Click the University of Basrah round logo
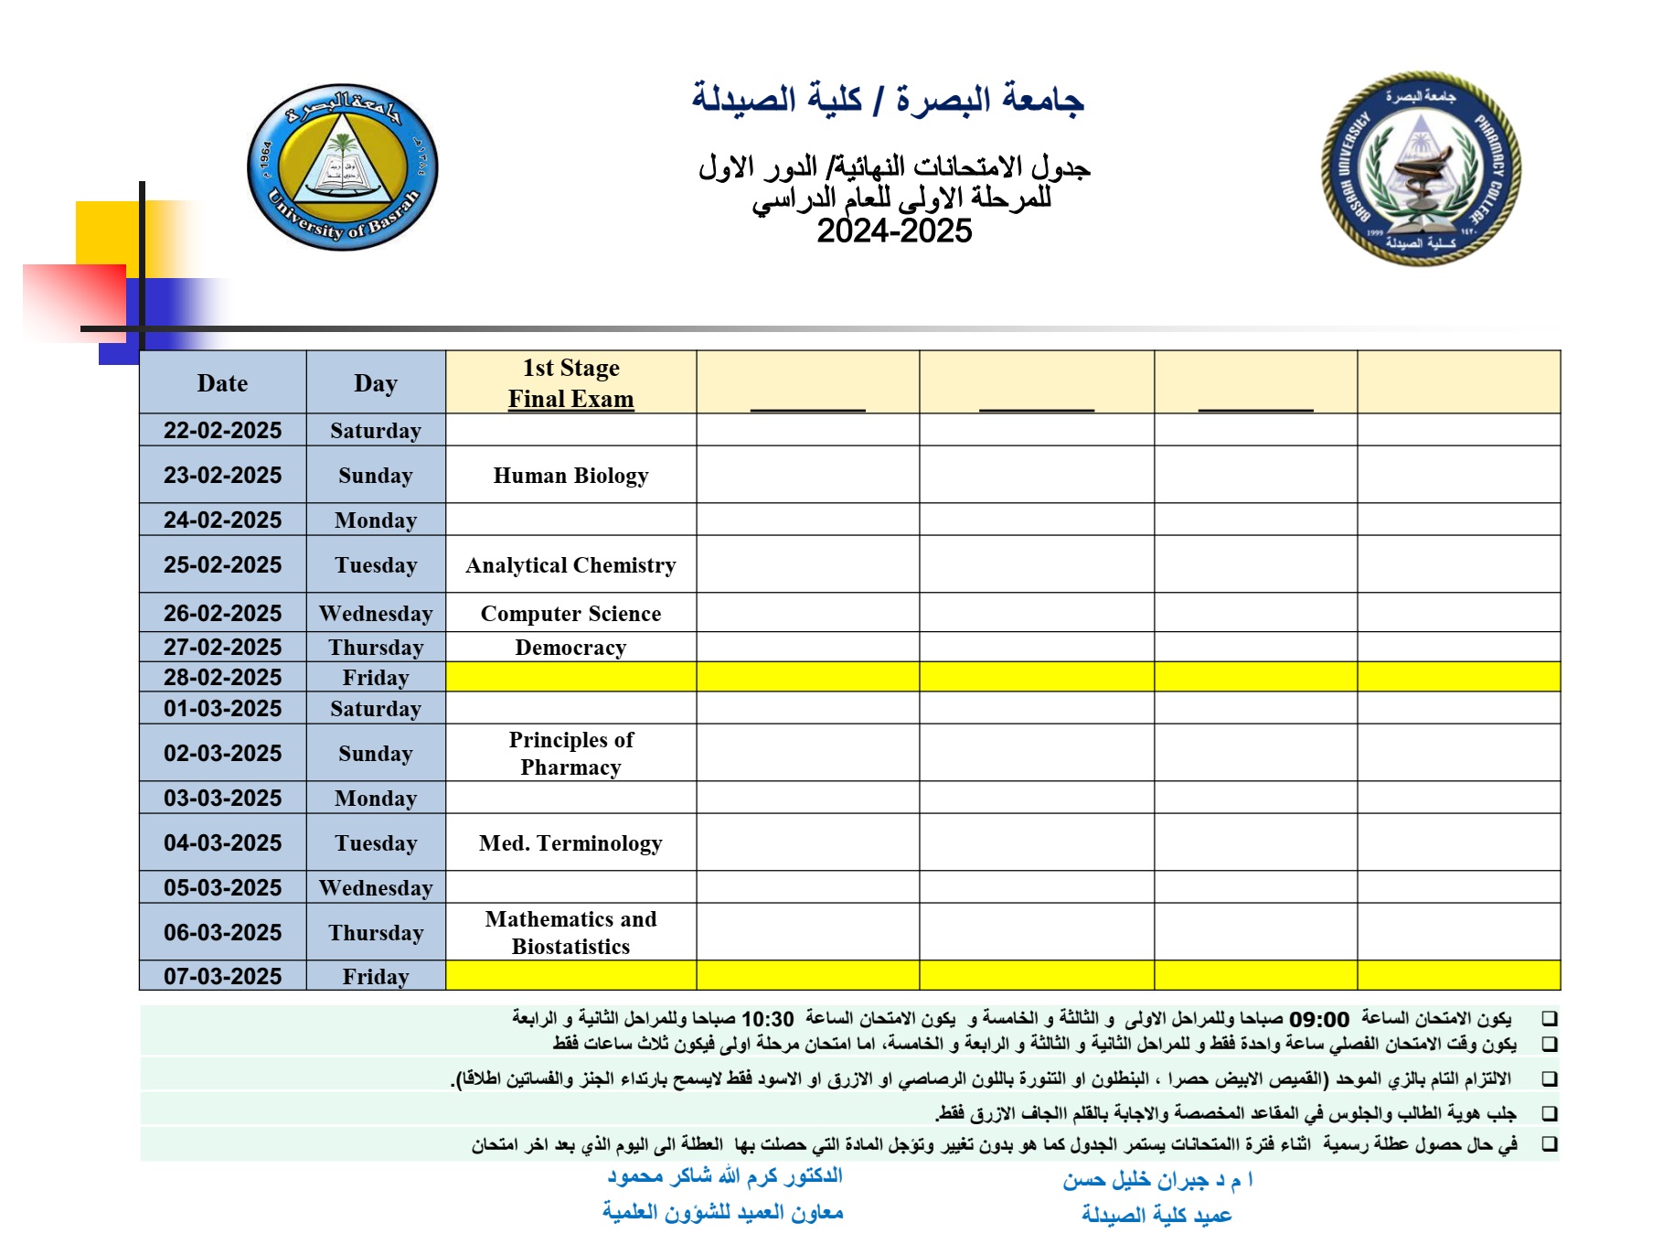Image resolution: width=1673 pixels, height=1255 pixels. (343, 167)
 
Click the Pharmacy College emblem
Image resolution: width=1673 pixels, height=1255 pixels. (1421, 169)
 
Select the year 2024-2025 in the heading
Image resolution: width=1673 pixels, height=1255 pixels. (893, 231)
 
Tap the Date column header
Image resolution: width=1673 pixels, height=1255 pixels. (222, 383)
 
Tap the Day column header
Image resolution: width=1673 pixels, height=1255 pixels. (376, 383)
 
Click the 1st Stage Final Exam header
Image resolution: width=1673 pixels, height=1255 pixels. (570, 383)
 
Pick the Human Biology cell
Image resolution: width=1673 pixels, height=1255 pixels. (570, 476)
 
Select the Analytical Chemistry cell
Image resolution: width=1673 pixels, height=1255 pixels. (570, 565)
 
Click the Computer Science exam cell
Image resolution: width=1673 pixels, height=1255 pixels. (570, 614)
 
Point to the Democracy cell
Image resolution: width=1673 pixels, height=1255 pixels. (570, 648)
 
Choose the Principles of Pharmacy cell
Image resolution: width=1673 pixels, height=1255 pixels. (570, 754)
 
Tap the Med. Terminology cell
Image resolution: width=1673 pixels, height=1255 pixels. (570, 843)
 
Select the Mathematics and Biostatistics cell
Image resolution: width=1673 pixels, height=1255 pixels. (570, 933)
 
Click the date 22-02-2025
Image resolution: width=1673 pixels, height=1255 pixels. (222, 431)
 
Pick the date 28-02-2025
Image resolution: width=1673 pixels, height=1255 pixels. (222, 678)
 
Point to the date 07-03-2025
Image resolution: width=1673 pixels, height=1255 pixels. (222, 977)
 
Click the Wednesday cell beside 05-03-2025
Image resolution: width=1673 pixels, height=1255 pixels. (376, 888)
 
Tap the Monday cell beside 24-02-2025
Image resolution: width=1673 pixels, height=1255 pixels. (376, 520)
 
